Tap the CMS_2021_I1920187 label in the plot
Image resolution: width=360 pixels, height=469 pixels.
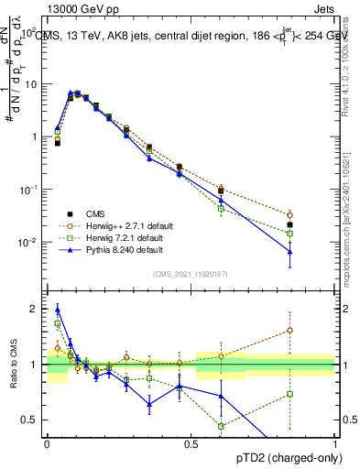point(191,272)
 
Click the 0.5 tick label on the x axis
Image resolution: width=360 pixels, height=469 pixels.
point(191,443)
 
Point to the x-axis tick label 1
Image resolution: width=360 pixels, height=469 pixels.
point(335,443)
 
